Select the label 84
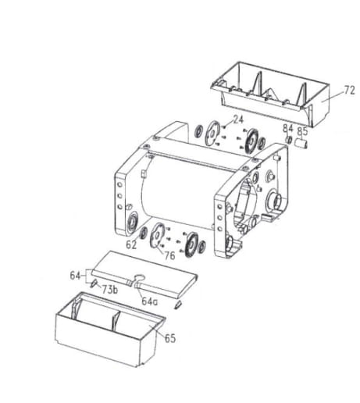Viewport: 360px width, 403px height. (x=287, y=128)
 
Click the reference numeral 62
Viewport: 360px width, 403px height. (x=132, y=244)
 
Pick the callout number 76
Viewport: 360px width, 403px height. (x=169, y=255)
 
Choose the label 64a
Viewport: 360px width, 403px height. (x=150, y=300)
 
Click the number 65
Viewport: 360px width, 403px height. (x=171, y=339)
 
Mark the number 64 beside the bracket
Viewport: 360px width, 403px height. (x=75, y=275)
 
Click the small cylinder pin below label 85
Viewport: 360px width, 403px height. (x=305, y=143)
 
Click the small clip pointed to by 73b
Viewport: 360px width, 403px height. (x=93, y=282)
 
